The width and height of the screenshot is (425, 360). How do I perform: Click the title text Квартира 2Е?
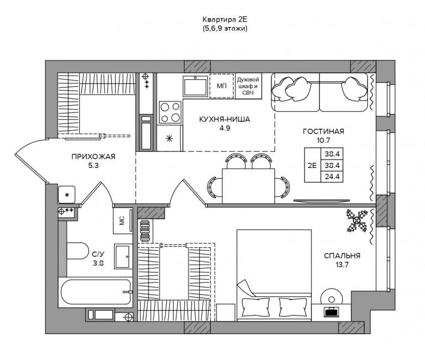pyautogui.click(x=225, y=20)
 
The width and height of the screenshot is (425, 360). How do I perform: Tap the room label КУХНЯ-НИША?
pyautogui.click(x=225, y=119)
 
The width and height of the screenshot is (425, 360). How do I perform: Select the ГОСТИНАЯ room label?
pyautogui.click(x=324, y=131)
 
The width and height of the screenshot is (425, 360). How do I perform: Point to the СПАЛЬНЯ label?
pyautogui.click(x=342, y=256)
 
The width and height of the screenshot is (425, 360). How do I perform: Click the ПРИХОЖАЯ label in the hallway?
pyautogui.click(x=93, y=156)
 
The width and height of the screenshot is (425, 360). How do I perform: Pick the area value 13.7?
pyautogui.click(x=342, y=265)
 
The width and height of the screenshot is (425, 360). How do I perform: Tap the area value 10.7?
pyautogui.click(x=323, y=140)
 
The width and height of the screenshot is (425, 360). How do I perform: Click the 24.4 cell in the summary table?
pyautogui.click(x=332, y=176)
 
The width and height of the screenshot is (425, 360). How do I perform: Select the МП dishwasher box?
pyautogui.click(x=222, y=86)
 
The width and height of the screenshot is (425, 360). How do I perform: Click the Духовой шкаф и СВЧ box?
pyautogui.click(x=248, y=86)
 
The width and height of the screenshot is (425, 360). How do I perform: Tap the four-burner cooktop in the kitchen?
pyautogui.click(x=170, y=112)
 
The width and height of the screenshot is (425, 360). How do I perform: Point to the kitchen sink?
pyautogui.click(x=196, y=86)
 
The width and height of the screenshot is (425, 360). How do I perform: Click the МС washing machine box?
pyautogui.click(x=123, y=220)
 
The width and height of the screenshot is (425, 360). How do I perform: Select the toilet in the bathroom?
pyautogui.click(x=77, y=251)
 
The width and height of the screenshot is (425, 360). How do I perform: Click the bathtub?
pyautogui.click(x=95, y=292)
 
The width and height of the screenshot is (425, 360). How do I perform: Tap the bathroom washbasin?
pyautogui.click(x=123, y=256)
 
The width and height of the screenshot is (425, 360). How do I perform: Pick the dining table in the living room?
pyautogui.click(x=249, y=186)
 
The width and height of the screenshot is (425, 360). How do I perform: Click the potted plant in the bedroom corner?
pyautogui.click(x=357, y=221)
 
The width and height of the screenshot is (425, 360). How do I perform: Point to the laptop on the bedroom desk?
pyautogui.click(x=331, y=311)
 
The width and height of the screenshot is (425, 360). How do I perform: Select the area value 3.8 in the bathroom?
pyautogui.click(x=98, y=263)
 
